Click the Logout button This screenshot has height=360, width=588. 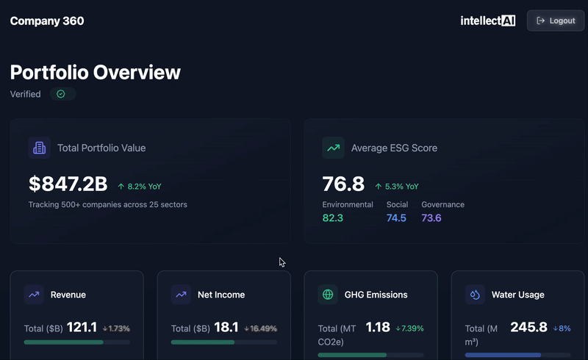point(556,21)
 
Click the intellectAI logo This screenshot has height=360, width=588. point(487,21)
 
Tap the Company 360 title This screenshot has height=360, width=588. point(47,21)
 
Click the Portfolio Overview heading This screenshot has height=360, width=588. point(96,72)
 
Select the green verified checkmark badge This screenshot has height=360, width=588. point(62,94)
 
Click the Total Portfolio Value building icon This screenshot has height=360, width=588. point(39,148)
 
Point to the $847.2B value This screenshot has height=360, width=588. point(68,184)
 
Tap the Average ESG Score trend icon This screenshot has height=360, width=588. point(333,148)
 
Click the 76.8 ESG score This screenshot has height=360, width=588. point(343,184)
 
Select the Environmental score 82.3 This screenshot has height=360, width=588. point(333,217)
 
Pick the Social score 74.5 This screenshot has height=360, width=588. point(396,217)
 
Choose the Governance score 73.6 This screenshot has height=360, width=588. point(431,217)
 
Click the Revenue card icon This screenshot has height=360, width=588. point(34,295)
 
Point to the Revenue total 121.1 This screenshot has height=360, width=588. point(82,328)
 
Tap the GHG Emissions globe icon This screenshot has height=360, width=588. point(328,295)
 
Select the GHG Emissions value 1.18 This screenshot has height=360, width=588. point(378,328)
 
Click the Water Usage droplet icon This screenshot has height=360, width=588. point(475,295)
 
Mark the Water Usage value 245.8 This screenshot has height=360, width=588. point(529,328)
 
